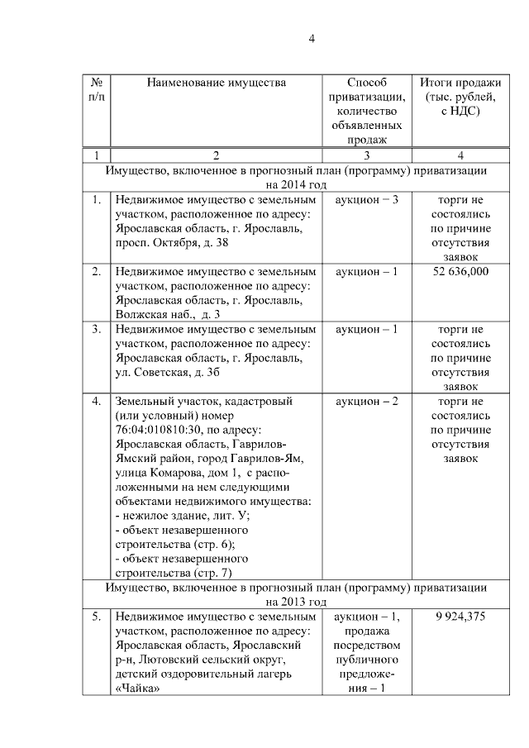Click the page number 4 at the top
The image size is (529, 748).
(312, 37)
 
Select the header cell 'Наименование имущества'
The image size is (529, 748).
(217, 83)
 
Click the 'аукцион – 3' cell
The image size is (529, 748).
(367, 200)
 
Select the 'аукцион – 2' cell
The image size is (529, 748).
(367, 401)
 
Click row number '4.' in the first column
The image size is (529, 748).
(97, 401)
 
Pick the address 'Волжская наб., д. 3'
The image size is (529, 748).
(168, 314)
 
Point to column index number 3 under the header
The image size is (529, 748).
(366, 155)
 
